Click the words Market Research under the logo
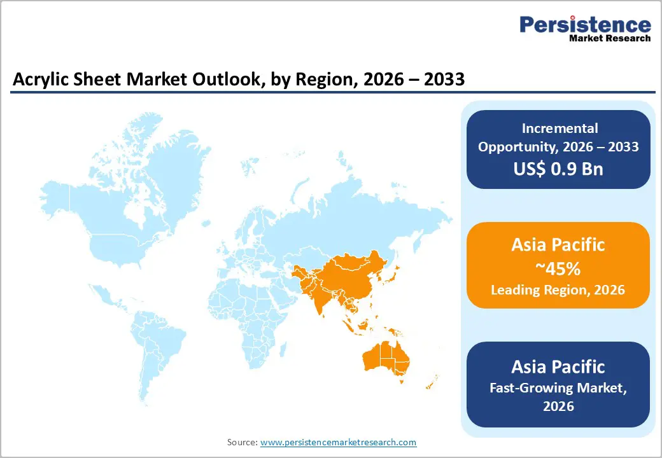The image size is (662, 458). coord(609,38)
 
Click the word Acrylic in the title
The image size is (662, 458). coord(38,81)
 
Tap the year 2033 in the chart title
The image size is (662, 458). coord(443,81)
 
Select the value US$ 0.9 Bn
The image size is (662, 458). coord(558,169)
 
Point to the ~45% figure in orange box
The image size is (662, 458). coord(558,268)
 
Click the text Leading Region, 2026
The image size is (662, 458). coord(558,290)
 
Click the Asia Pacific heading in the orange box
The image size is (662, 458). coord(558,245)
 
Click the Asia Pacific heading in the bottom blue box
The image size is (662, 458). coord(558,366)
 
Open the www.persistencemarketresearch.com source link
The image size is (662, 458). coord(338,442)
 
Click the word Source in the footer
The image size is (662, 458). coord(242,442)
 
